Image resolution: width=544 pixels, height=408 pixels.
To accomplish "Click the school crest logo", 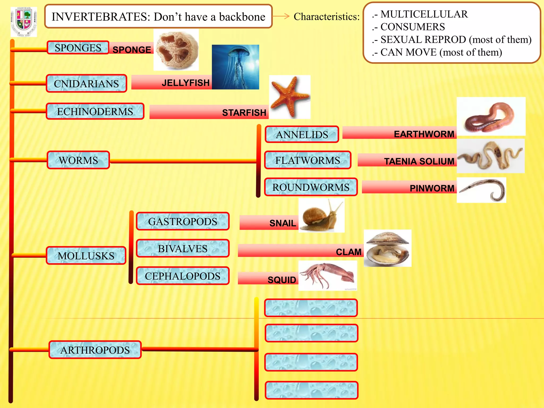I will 24,22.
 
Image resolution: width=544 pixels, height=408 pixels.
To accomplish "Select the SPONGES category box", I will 78,48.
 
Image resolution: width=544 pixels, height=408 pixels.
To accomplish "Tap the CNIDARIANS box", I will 86,84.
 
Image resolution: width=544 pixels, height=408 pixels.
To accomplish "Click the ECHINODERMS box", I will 95,112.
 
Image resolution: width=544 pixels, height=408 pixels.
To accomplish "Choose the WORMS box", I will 78,160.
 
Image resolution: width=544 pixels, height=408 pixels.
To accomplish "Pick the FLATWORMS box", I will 308,160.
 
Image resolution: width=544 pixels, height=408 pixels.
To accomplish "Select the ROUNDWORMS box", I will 311,187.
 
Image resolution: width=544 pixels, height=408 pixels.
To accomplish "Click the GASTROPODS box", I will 182,221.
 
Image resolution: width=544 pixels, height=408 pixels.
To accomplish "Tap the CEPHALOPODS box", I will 182,276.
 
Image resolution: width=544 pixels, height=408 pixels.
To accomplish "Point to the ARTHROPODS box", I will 95,350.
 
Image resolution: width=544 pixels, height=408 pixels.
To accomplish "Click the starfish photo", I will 290,97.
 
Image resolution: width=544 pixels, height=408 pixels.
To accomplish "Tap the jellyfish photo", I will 235,67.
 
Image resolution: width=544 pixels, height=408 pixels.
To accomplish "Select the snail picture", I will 321,215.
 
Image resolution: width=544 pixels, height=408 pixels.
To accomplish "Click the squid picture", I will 328,275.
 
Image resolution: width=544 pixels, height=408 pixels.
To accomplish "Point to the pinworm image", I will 481,190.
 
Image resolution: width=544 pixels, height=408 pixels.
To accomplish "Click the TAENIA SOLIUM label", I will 419,161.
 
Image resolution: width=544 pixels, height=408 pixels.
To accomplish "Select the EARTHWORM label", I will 424,134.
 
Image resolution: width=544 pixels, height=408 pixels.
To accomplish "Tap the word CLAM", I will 348,252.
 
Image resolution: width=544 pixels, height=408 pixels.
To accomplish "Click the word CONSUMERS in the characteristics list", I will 413,27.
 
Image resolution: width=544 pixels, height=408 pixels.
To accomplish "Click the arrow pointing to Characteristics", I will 281,16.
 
